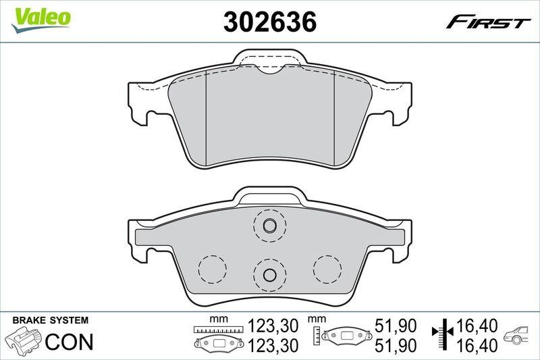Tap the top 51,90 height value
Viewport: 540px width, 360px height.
click(x=392, y=327)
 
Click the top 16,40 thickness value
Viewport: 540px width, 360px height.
click(x=477, y=327)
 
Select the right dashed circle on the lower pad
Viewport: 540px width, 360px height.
click(x=327, y=269)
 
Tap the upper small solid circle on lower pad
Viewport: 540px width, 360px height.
click(x=269, y=226)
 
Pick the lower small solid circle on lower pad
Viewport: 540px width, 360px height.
click(x=269, y=275)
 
